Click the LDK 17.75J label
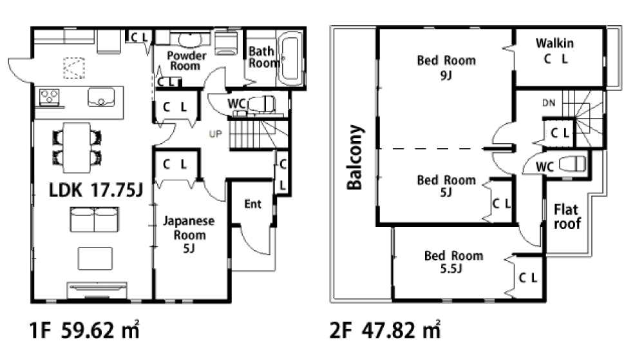[96, 190]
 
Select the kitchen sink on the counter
[101, 97]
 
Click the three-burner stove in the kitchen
[50, 97]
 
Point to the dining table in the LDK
[77, 148]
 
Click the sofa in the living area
[95, 220]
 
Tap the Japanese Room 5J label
[189, 235]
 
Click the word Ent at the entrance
[252, 204]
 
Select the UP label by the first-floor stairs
[215, 134]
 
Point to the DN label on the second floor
[549, 102]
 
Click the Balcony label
[354, 157]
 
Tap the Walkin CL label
[555, 51]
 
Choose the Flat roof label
[567, 216]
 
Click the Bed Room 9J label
[446, 68]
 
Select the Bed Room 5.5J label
[453, 262]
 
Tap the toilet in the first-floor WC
[261, 104]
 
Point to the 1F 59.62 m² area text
[84, 330]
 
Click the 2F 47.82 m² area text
[385, 330]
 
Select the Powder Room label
[186, 61]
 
